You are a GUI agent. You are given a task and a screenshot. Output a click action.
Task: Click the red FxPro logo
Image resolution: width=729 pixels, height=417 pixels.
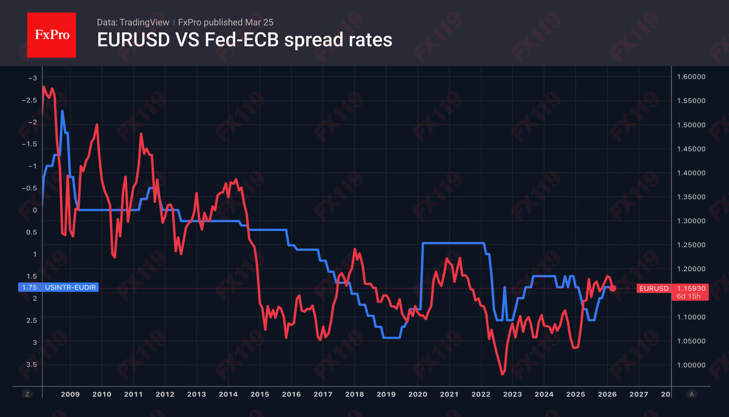52,35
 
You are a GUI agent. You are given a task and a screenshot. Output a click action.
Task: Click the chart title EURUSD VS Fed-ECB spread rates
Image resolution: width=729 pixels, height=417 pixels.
245,40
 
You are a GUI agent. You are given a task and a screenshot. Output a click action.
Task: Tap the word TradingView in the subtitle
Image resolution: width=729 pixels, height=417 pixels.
144,22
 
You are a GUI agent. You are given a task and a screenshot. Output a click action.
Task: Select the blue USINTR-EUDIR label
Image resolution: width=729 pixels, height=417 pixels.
70,287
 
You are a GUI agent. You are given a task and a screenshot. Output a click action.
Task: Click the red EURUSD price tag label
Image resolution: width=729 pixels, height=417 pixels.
654,288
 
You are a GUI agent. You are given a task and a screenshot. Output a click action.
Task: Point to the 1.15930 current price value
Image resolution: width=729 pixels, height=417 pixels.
691,288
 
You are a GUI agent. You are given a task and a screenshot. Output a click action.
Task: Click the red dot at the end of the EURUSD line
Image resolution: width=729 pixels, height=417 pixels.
613,288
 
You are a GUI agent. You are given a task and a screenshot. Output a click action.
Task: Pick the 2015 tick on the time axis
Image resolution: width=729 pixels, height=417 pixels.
260,394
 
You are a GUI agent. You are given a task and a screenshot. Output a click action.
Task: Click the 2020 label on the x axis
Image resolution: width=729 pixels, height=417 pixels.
417,394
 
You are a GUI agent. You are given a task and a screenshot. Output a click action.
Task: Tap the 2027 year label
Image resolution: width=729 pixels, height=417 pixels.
638,394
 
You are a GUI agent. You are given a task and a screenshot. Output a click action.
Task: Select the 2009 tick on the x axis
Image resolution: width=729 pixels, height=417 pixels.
70,394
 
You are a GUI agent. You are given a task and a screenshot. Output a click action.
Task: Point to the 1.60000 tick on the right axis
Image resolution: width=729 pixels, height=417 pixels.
691,77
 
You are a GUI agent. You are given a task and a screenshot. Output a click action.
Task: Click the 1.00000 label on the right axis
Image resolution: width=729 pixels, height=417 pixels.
691,365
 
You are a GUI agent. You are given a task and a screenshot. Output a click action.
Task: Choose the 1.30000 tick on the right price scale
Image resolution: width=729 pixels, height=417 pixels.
691,221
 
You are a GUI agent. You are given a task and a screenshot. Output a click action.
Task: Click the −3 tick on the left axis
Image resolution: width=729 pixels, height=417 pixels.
32,78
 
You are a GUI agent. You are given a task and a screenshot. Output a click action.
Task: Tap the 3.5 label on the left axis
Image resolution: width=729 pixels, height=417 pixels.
31,364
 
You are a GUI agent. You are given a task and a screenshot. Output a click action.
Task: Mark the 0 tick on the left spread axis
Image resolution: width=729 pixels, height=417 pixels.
34,210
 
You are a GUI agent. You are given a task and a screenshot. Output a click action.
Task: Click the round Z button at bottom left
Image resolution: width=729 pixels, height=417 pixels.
27,394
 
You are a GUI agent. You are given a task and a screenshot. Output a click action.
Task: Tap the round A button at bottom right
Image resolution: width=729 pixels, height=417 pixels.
692,394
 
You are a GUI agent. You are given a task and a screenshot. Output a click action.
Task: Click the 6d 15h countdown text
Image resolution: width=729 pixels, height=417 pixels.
688,296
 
